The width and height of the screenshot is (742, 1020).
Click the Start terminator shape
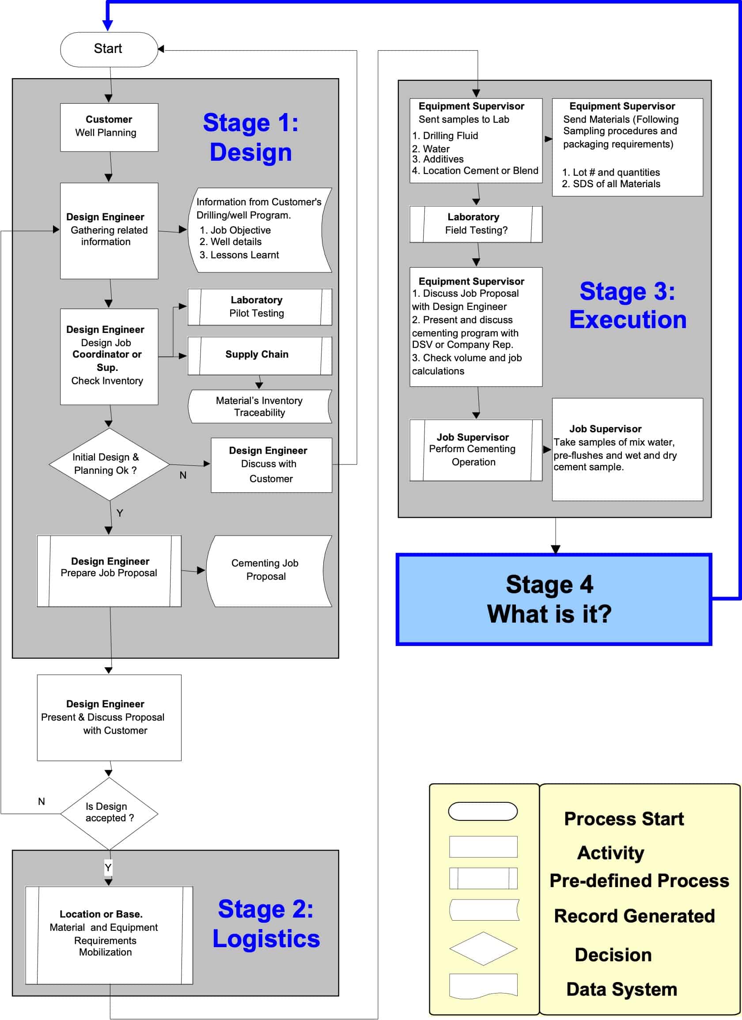109,49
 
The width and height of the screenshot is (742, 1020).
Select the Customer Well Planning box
109,127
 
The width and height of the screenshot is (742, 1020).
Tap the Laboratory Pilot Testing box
260,307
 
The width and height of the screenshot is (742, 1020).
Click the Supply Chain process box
260,355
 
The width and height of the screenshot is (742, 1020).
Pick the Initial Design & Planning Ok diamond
109,464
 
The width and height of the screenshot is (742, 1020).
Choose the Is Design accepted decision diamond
109,813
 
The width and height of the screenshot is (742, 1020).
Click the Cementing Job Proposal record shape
268,570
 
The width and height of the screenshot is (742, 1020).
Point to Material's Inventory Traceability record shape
260,406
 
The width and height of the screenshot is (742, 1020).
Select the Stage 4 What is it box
553,599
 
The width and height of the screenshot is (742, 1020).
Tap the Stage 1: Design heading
250,137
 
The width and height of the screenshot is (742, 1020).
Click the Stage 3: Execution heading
628,305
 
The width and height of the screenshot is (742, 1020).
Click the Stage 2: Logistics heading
266,923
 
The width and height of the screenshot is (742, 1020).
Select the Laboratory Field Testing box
476,224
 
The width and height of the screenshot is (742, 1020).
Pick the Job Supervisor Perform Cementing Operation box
476,450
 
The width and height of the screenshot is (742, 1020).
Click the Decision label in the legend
613,954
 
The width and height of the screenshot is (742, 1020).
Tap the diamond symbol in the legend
483,948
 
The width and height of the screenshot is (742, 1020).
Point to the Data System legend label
621,989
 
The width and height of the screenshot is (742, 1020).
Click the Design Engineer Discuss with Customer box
271,465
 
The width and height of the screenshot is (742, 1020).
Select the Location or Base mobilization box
109,935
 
